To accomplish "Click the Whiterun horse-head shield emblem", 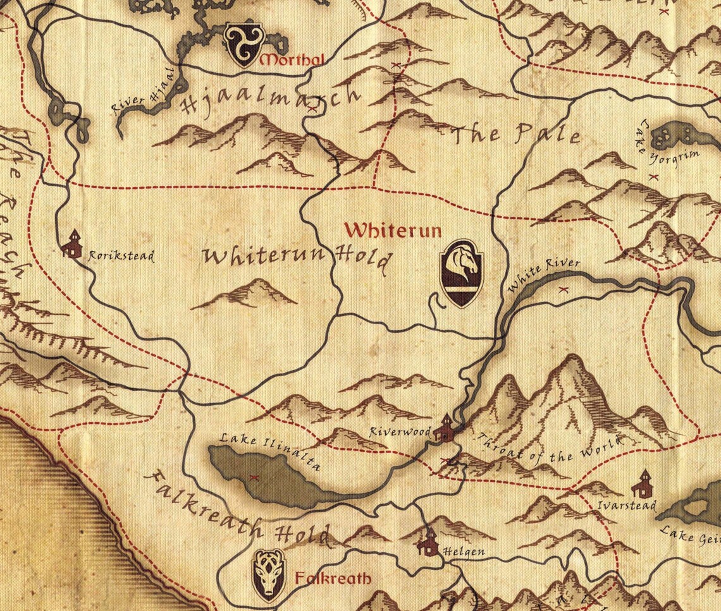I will [462, 273].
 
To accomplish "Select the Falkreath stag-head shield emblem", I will [269, 575].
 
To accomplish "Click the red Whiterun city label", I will [393, 230].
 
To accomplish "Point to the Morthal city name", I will [292, 61].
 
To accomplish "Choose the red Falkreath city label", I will [333, 578].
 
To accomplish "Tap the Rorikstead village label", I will [121, 257].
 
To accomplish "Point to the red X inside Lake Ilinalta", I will [255, 477].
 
